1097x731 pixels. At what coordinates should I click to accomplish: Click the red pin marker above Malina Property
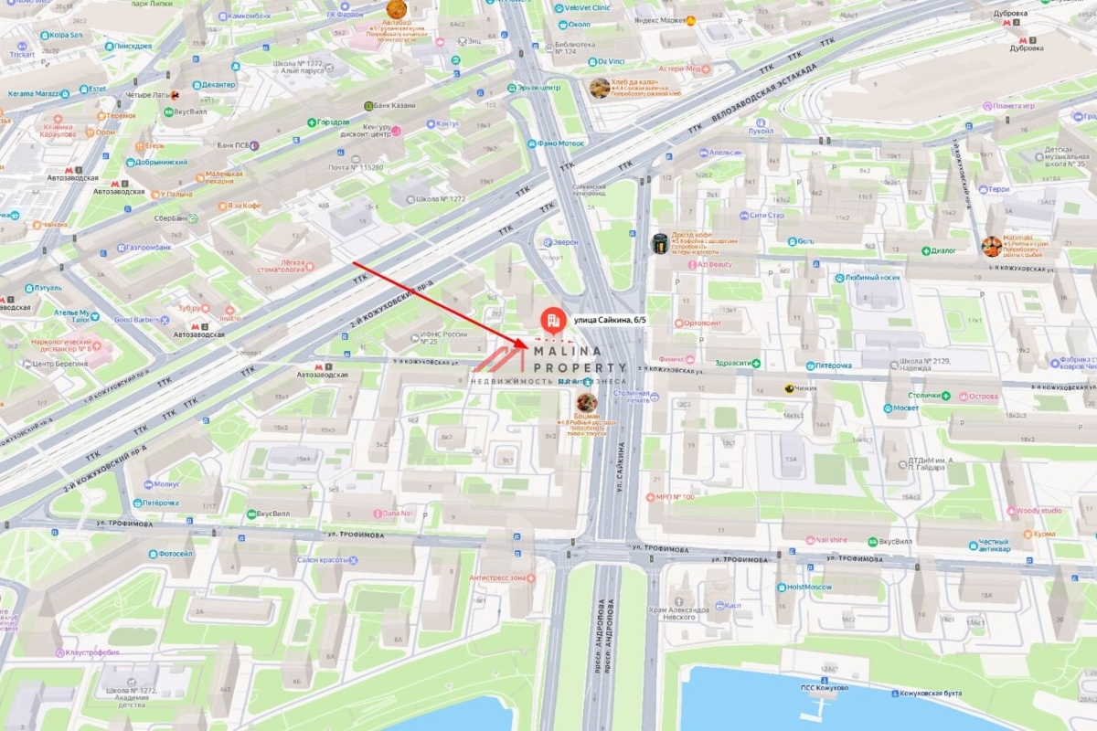point(552,320)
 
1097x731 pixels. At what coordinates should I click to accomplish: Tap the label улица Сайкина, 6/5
point(614,321)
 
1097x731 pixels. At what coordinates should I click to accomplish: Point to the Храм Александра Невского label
point(677,612)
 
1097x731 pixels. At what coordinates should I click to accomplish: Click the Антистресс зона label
point(498,577)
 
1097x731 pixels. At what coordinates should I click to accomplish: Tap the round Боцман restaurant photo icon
point(587,402)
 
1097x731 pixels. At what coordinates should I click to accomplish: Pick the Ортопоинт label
point(700,323)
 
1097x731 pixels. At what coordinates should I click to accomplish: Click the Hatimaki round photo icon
point(991,246)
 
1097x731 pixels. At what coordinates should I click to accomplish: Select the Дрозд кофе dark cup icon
point(659,243)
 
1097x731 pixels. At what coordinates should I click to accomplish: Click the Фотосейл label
point(176,553)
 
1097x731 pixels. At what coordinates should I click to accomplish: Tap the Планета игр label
point(1014,106)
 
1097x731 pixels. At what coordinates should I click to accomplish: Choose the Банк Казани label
point(395,106)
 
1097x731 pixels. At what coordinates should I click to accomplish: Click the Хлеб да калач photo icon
point(600,88)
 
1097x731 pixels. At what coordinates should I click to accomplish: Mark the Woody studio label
point(1038,511)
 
